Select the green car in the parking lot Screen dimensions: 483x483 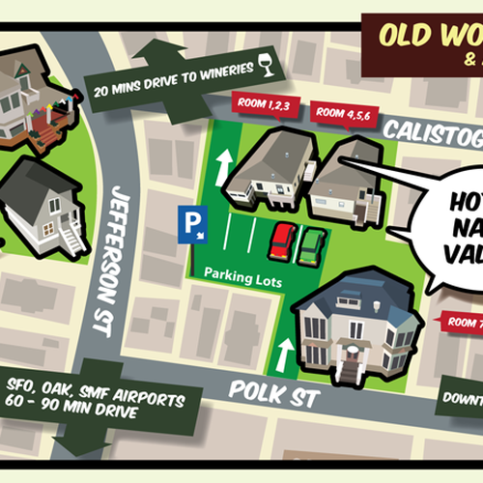pos(311,245)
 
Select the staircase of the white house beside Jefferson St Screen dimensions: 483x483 pos(71,236)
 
